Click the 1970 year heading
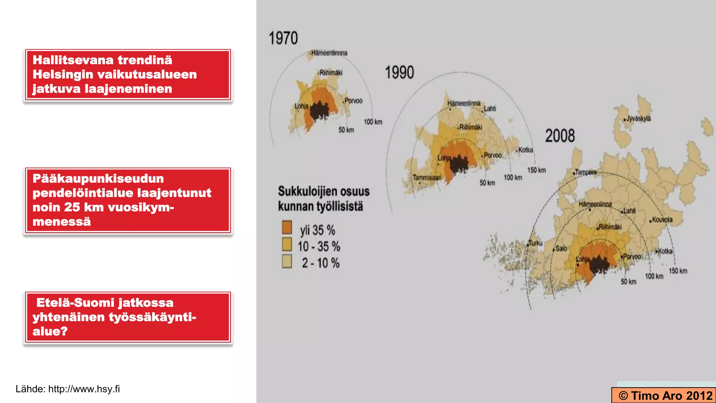283,38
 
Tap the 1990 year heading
399,72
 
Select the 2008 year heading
560,136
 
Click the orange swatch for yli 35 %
287,227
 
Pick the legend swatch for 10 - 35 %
287,245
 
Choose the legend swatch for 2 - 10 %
287,261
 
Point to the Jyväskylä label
638,119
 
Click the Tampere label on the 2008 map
586,172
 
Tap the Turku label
535,243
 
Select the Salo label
561,248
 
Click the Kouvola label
662,220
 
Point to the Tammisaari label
427,177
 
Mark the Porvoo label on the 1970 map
353,101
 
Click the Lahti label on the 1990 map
490,108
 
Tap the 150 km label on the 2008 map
678,271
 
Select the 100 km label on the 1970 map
373,122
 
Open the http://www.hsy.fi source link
84,389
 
